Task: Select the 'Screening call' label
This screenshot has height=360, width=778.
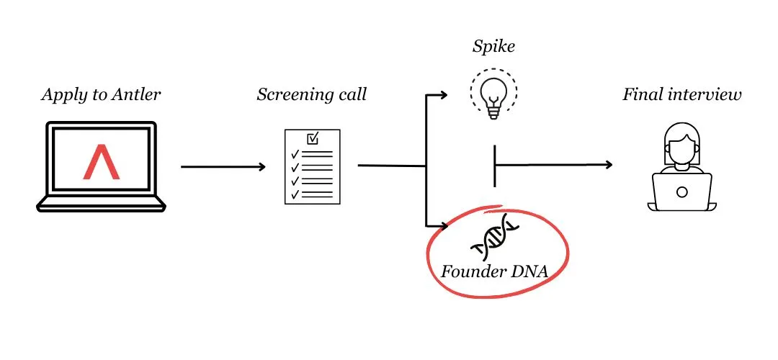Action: pos(311,94)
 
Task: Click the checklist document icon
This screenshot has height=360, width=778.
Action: pos(312,166)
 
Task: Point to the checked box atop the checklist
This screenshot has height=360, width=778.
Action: pos(313,138)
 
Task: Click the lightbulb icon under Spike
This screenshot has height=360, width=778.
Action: pos(493,93)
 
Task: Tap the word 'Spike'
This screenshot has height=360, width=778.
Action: pos(493,48)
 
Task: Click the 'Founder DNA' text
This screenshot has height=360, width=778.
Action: pos(493,273)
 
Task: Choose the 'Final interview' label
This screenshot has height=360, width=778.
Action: pos(681,94)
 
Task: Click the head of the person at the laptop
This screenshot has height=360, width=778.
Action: pos(681,143)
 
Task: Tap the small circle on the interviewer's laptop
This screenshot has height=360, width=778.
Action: pos(681,192)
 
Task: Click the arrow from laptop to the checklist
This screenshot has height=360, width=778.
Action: pos(223,167)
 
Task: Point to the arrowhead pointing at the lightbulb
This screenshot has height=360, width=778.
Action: pos(445,94)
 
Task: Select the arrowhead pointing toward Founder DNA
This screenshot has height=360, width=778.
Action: pos(445,225)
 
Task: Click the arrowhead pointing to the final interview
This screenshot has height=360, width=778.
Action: pos(608,164)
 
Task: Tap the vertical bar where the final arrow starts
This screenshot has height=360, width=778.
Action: pos(495,165)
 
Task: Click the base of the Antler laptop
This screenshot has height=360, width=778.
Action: pos(101,205)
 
